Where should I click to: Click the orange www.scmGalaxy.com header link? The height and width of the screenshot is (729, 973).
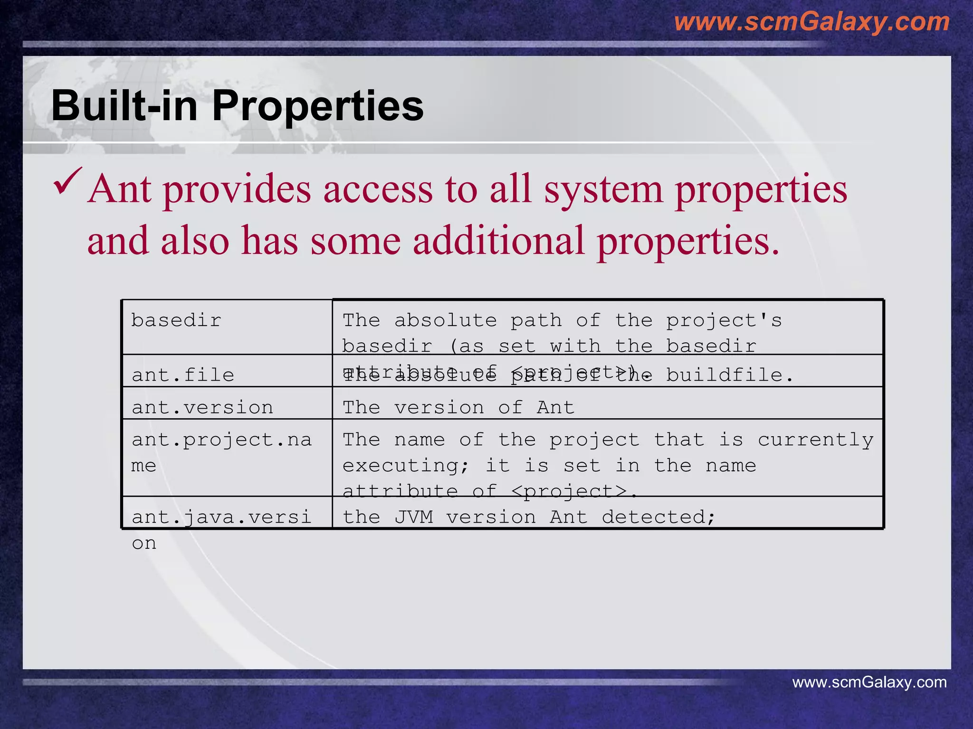[811, 22]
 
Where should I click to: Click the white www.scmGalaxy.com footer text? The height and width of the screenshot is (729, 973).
[869, 682]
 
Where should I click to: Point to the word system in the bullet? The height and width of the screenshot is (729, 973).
[603, 189]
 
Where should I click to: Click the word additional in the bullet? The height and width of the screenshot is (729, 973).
[498, 241]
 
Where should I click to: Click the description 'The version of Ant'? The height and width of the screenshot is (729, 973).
[458, 407]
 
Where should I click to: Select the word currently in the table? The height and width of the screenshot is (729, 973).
[815, 440]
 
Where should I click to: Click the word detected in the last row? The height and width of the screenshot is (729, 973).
[658, 517]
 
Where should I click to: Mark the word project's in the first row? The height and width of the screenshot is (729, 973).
[724, 320]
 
